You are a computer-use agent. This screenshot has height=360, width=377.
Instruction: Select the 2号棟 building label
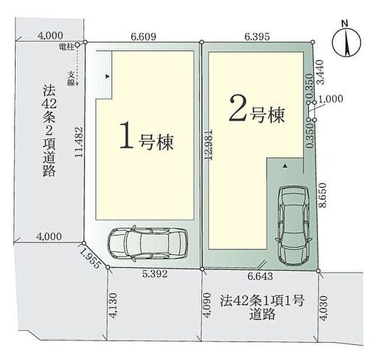(256, 110)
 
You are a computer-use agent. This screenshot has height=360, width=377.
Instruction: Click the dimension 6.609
(144, 36)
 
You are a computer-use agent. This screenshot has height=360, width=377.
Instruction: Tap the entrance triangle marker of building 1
(107, 77)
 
